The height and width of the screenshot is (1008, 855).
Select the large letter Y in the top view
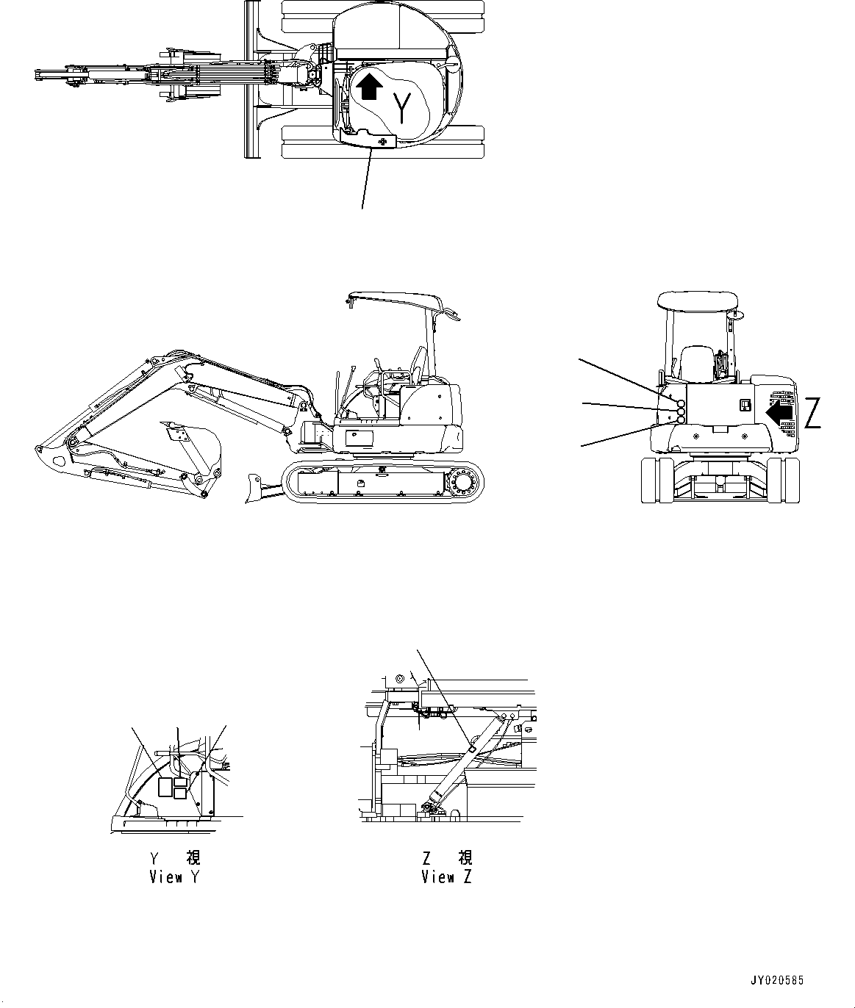click(402, 107)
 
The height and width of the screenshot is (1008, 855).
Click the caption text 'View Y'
click(174, 876)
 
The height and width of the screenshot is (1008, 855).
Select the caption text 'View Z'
click(446, 876)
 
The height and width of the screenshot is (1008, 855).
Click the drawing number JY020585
click(777, 980)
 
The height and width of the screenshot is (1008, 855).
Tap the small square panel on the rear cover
click(744, 406)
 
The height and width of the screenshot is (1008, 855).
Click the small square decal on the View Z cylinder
click(471, 749)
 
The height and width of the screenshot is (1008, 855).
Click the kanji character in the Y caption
click(193, 857)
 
